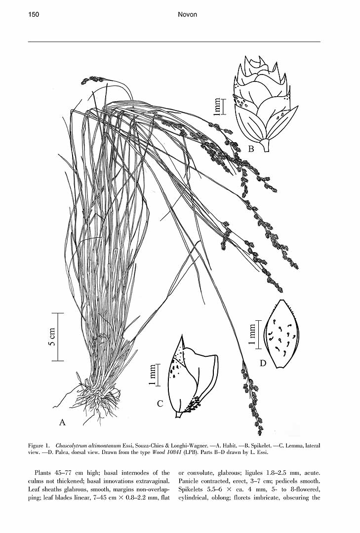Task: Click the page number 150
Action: point(34,15)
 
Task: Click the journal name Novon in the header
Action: point(187,15)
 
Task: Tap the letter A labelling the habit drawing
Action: point(62,422)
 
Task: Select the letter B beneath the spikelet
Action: point(251,149)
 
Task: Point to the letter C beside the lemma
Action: point(160,404)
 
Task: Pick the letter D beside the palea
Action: point(263,364)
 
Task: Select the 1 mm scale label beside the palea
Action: point(252,334)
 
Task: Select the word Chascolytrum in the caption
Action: point(72,445)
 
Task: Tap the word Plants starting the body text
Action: point(43,473)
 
